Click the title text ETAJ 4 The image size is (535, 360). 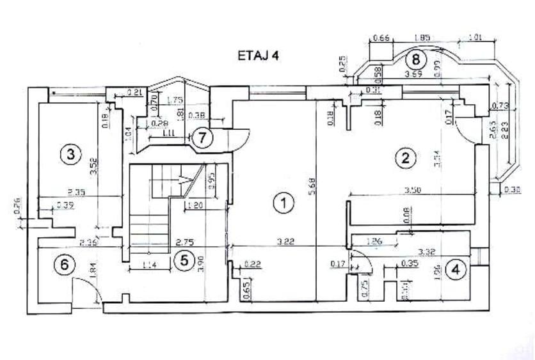258,56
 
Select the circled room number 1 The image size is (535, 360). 282,204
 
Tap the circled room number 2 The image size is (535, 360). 404,157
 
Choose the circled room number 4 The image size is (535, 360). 455,270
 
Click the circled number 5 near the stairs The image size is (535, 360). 184,260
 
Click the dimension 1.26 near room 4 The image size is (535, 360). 374,242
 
